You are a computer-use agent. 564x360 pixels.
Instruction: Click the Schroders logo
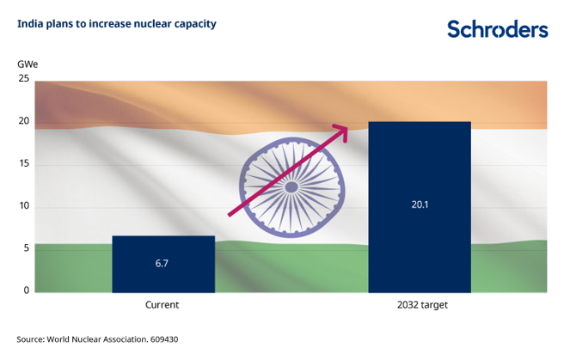497,29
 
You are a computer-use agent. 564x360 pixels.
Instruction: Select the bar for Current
163,263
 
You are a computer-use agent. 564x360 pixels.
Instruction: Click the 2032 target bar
420,206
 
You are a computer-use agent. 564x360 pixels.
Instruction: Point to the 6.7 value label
162,263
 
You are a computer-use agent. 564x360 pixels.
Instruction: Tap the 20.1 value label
420,205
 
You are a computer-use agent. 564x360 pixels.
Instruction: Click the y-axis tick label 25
24,79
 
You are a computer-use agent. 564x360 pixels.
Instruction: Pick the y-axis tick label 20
24,121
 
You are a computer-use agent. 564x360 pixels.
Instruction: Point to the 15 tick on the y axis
24,163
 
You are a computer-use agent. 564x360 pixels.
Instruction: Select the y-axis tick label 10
24,206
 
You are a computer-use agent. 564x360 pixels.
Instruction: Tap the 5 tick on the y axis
26,248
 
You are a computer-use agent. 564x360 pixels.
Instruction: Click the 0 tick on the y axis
26,290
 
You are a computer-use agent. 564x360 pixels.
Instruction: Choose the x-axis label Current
162,305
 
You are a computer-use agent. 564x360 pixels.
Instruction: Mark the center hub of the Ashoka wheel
291,185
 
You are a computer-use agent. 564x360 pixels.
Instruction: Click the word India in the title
29,23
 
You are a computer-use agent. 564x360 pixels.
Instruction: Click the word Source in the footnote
32,339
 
